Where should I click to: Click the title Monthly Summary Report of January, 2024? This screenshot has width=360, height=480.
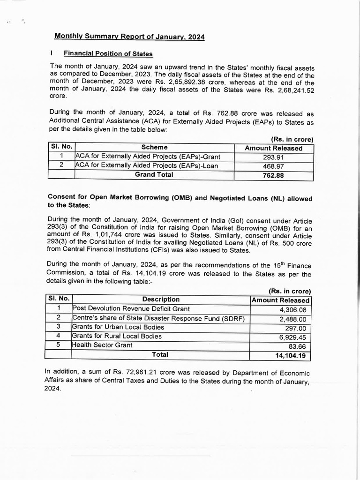(129, 37)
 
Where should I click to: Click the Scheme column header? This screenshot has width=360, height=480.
(154, 148)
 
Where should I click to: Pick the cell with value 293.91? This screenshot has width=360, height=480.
(274, 157)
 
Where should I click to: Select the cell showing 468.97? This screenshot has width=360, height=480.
(274, 166)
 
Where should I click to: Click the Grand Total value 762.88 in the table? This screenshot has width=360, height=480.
(274, 175)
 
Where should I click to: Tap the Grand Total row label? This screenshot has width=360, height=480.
(154, 174)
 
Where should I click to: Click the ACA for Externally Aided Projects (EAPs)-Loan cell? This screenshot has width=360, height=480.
(147, 166)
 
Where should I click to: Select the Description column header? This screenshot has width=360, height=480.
(161, 299)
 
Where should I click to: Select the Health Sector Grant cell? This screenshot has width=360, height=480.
(102, 345)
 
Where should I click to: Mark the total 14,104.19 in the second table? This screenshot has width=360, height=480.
(290, 355)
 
